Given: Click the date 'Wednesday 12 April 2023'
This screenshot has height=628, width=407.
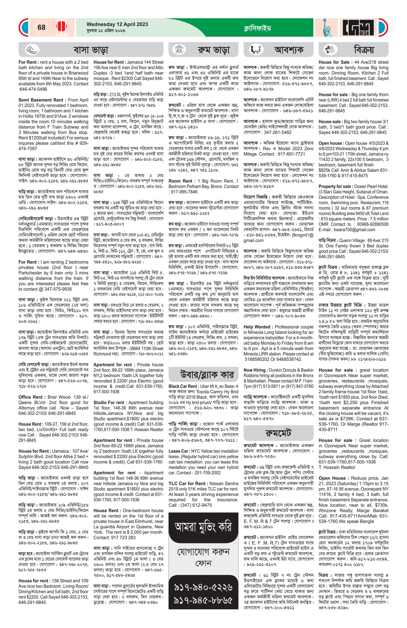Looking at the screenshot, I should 117,24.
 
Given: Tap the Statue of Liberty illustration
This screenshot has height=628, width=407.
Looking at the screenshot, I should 327,27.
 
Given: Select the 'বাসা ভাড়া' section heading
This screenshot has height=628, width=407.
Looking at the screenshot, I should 91,50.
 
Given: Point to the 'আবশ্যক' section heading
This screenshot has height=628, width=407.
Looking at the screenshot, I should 289,50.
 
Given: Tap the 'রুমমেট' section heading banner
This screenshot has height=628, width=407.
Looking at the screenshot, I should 278,433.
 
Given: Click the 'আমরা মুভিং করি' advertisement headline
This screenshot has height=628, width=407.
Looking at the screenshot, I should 203,527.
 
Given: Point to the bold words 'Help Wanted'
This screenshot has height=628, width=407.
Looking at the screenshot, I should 257,327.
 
